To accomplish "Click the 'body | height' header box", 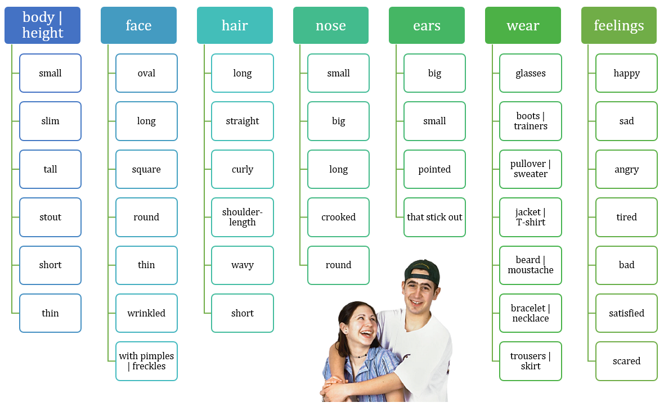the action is click(x=42, y=25).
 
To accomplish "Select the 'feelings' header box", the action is click(x=618, y=25).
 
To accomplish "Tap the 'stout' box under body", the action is click(x=51, y=217).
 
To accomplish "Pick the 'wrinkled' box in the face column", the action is click(x=146, y=313).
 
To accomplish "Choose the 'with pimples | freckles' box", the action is click(x=146, y=361).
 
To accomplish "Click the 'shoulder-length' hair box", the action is click(x=243, y=217).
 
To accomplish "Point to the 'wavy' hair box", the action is click(x=243, y=265).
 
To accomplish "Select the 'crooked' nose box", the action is click(x=338, y=217).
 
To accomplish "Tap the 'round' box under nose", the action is click(x=338, y=265).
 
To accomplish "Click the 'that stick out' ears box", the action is click(x=434, y=217).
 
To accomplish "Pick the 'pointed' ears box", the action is click(x=434, y=169).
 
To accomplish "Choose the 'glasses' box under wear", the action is click(x=531, y=73).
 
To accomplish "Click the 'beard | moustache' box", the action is click(x=531, y=265).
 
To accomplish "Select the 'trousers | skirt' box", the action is click(x=531, y=361).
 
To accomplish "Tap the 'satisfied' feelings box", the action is click(x=627, y=313).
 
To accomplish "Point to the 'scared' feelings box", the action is click(x=627, y=361).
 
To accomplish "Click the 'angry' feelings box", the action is click(x=627, y=169).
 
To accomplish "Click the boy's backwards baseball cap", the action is click(x=422, y=271).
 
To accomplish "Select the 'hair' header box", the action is click(x=235, y=25).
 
